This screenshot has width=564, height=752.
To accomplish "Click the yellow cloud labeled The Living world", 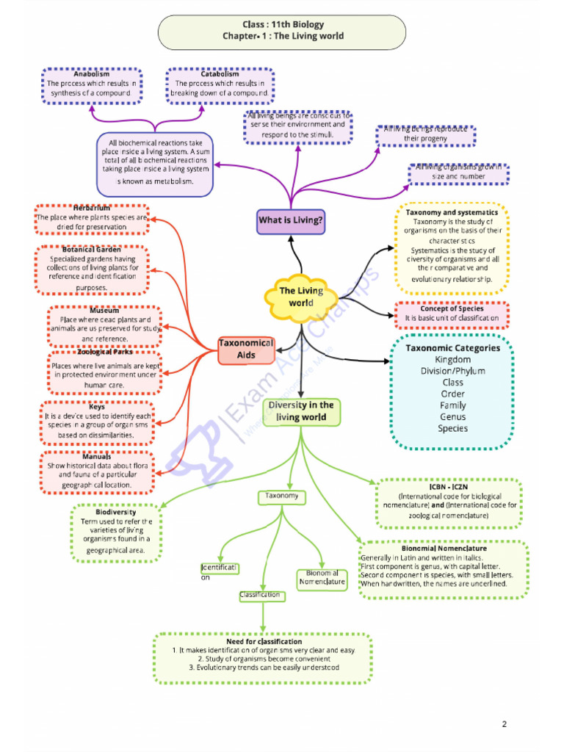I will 301,297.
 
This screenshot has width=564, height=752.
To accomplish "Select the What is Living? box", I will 291,220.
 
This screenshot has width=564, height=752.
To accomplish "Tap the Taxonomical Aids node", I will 247,350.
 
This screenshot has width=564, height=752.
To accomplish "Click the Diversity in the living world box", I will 301,411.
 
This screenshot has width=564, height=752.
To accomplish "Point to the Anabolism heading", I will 92,74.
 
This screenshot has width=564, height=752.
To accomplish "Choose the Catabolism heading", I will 220,74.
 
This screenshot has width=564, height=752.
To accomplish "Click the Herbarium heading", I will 92,209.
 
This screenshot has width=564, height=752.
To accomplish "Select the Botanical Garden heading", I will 92,250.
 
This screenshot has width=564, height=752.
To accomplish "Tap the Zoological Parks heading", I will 105,352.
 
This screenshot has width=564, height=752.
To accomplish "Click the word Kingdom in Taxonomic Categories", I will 452,360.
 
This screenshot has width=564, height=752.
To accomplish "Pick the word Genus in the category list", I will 452,417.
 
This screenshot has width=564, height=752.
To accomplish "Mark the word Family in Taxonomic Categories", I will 452,405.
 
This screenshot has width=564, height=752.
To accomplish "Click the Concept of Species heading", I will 452,308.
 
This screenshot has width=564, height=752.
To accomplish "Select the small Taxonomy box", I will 282,497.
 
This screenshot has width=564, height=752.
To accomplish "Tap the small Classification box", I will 260,596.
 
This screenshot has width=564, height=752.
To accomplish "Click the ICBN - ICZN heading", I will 449,486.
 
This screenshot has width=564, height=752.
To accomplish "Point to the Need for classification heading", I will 264,641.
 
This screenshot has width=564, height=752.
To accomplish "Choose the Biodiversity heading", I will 116,512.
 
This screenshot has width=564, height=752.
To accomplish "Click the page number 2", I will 505,725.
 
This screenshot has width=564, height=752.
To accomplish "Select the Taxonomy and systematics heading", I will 452,212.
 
